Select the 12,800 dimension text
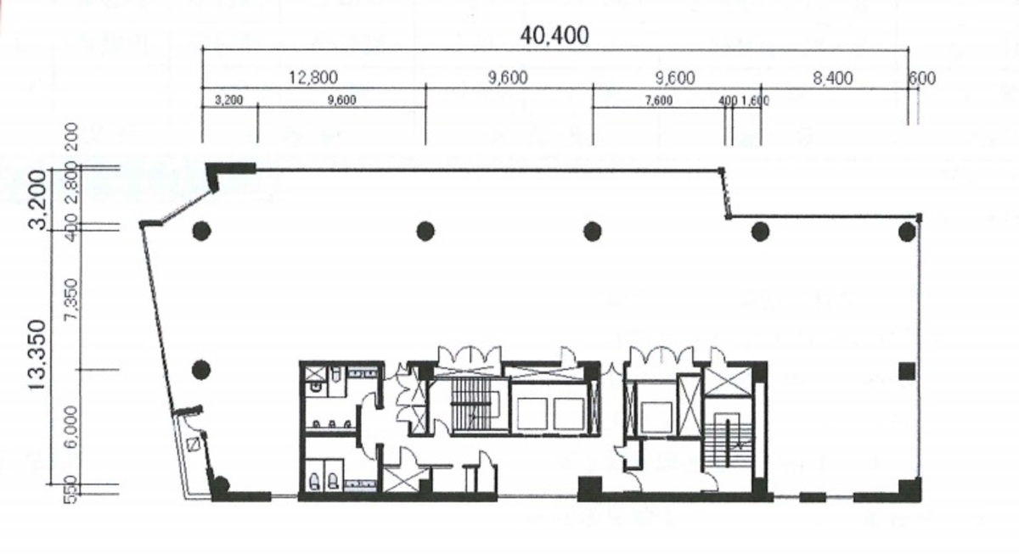click(x=312, y=79)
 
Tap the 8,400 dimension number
click(x=832, y=79)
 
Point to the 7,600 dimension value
click(x=658, y=100)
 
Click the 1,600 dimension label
click(x=755, y=100)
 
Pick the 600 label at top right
click(x=921, y=79)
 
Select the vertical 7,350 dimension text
click(x=71, y=299)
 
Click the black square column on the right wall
click(x=907, y=370)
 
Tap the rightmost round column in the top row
click(x=907, y=230)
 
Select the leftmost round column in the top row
click(x=201, y=230)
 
